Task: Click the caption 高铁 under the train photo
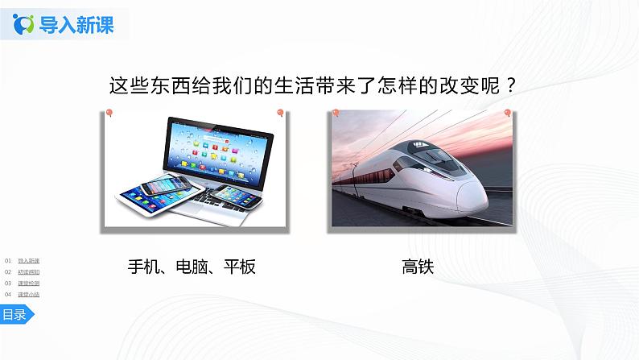(417, 267)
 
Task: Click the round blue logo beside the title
(27, 25)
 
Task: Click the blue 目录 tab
(14, 315)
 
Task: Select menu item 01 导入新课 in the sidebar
(28, 261)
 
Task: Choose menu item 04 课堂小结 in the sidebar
(28, 295)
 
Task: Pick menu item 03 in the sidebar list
(28, 283)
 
